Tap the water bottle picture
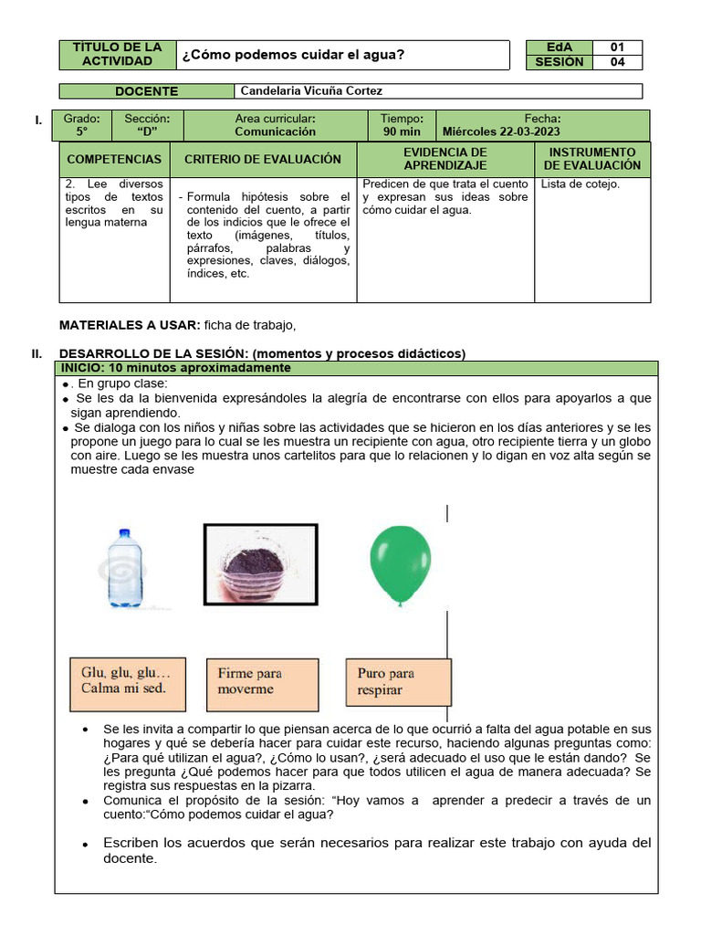click(124, 568)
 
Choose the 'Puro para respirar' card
click(397, 683)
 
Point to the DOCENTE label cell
click(146, 91)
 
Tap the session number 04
click(617, 62)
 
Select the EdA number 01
click(617, 47)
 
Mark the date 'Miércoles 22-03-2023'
click(501, 131)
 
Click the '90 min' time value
click(402, 131)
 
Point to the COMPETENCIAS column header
click(114, 159)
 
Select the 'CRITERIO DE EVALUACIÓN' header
click(263, 159)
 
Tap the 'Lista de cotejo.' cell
click(581, 184)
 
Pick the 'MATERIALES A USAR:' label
click(129, 325)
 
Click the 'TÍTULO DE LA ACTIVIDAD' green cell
click(118, 55)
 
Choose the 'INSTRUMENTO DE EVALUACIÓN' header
click(592, 159)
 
